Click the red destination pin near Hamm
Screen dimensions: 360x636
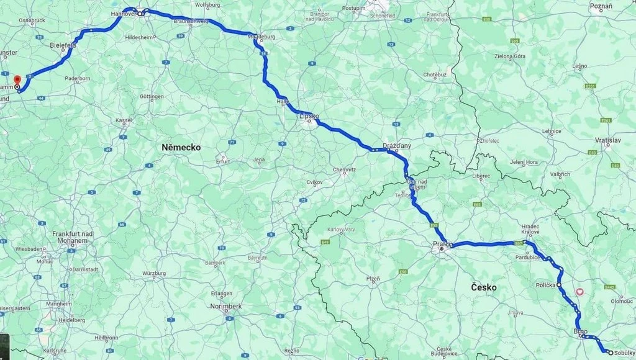coord(17,81)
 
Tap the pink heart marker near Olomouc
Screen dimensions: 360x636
coord(580,291)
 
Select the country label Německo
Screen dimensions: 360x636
coord(181,147)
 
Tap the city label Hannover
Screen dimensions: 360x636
coord(123,12)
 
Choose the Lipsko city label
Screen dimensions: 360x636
coord(309,115)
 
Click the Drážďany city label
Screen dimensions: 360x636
coord(397,145)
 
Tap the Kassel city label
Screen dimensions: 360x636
coord(124,120)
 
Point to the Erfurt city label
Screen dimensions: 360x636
coord(222,161)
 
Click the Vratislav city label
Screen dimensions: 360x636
coord(607,140)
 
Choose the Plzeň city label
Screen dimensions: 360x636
coord(373,279)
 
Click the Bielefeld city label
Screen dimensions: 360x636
coord(63,45)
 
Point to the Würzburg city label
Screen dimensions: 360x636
coord(154,273)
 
